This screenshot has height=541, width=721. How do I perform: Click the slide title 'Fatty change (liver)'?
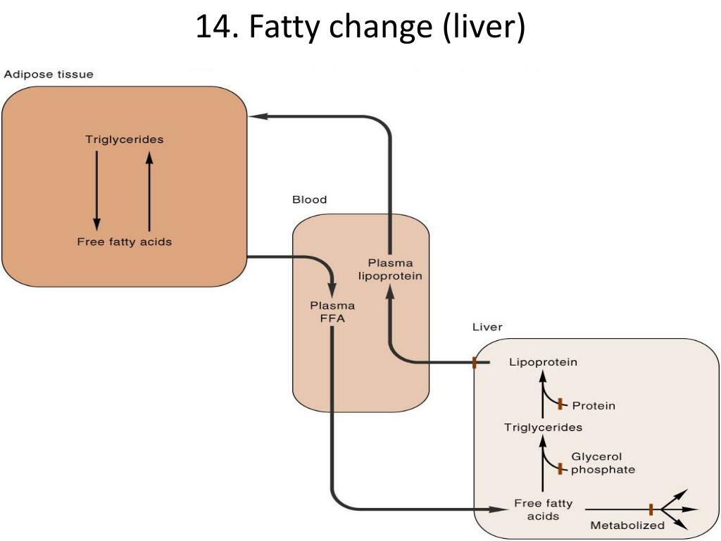tap(360, 27)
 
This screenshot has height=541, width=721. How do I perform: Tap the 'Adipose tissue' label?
tap(49, 75)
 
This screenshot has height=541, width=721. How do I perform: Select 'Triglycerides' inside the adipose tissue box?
tap(125, 139)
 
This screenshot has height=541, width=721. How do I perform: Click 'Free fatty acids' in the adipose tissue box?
tap(125, 242)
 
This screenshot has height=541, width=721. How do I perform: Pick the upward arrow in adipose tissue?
tap(149, 190)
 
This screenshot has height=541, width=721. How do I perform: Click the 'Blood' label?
tap(310, 200)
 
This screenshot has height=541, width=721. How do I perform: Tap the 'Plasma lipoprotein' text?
tap(391, 270)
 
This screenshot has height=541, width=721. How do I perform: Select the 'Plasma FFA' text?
tap(332, 312)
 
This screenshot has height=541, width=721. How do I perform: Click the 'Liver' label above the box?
tap(487, 328)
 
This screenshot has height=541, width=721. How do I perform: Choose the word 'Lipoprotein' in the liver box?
tap(543, 363)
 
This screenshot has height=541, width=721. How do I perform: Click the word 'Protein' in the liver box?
tap(594, 406)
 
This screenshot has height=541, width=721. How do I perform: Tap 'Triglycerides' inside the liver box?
tap(543, 428)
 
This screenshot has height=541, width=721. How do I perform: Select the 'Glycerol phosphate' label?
tap(603, 464)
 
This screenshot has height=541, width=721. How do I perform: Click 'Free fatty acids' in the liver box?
tap(543, 510)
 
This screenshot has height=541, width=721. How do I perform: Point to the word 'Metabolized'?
tap(627, 526)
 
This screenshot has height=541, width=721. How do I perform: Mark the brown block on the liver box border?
tap(475, 363)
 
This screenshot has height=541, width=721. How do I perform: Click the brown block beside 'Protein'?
tap(560, 404)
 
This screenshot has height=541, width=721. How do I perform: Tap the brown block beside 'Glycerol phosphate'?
tap(560, 468)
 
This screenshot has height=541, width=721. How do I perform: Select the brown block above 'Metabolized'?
tap(651, 509)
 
